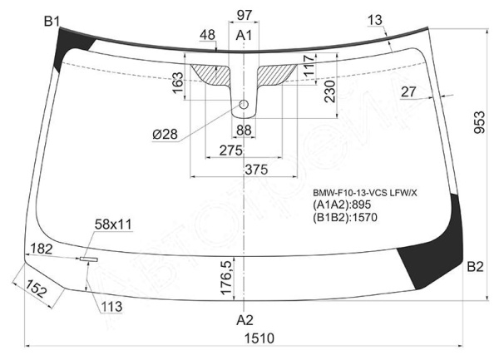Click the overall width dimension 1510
click(259, 338)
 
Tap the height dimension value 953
click(479, 122)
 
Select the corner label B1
click(52, 22)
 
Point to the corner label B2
click(475, 267)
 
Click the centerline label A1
click(244, 35)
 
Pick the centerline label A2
click(245, 320)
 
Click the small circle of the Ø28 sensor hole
click(244, 104)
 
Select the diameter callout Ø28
click(165, 135)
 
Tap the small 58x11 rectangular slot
click(89, 259)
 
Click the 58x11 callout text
click(113, 224)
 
